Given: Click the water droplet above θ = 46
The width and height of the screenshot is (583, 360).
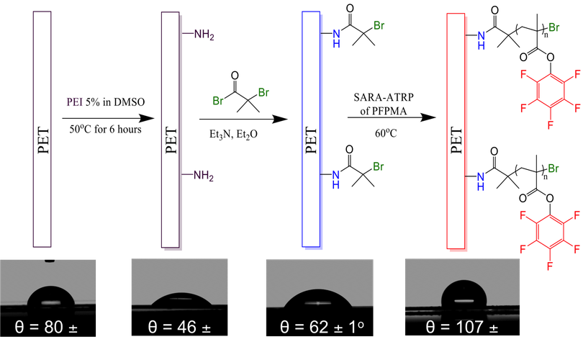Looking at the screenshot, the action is tap(181, 299).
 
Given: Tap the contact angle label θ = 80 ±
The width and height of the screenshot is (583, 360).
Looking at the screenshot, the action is tap(46, 328).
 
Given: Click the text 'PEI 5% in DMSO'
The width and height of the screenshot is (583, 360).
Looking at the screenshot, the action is tap(106, 102).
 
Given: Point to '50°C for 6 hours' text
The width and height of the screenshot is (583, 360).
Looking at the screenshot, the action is tap(105, 130).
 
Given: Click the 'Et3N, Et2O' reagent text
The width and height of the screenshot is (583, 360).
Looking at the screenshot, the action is tap(233, 134).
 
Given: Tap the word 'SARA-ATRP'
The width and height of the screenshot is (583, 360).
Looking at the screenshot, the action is tap(384, 97).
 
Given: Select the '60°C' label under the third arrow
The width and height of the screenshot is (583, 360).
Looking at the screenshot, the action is tap(386, 132).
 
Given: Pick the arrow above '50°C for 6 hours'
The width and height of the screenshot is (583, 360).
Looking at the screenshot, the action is tap(108, 118).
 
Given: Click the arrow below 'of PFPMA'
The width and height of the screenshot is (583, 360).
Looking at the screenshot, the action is tap(392, 117).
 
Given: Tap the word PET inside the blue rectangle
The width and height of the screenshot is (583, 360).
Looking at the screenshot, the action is tap(311, 140).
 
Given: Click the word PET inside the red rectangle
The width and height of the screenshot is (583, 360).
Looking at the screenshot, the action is tap(456, 140).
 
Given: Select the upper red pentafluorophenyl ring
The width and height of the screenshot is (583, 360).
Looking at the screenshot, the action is tap(551, 91).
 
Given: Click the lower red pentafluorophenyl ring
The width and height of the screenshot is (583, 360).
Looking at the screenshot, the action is tap(550, 232).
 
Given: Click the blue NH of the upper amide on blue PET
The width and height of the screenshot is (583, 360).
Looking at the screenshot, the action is tap(337, 38).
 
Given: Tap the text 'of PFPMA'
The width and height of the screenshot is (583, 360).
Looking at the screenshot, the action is tap(384, 111).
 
